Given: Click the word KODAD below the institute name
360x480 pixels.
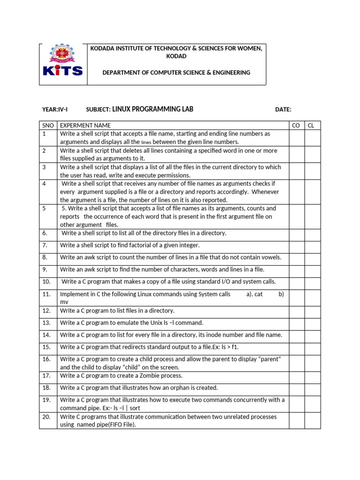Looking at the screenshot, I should point(176,56).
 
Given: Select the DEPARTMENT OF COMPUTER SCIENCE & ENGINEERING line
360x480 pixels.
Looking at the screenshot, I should point(176,73).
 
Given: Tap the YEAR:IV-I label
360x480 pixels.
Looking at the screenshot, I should point(55,110).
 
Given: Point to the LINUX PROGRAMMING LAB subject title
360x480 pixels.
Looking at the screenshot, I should point(153,109).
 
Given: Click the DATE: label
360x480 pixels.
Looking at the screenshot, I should point(283,110).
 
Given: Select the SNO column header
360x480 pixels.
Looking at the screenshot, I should point(48,126).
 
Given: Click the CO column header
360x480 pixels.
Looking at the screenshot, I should point(296,126).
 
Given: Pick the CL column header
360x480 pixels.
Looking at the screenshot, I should point(311,126).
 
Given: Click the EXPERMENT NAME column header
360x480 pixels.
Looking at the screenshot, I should point(85,126).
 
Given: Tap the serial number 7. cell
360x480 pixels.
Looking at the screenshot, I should point(45,245).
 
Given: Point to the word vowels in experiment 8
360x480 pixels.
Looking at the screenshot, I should point(269,257).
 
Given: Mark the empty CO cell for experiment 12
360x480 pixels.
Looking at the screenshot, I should point(296,311).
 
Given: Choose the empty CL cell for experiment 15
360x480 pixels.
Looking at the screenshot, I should point(313,347).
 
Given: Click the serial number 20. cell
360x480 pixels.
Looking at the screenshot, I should point(47,417).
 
